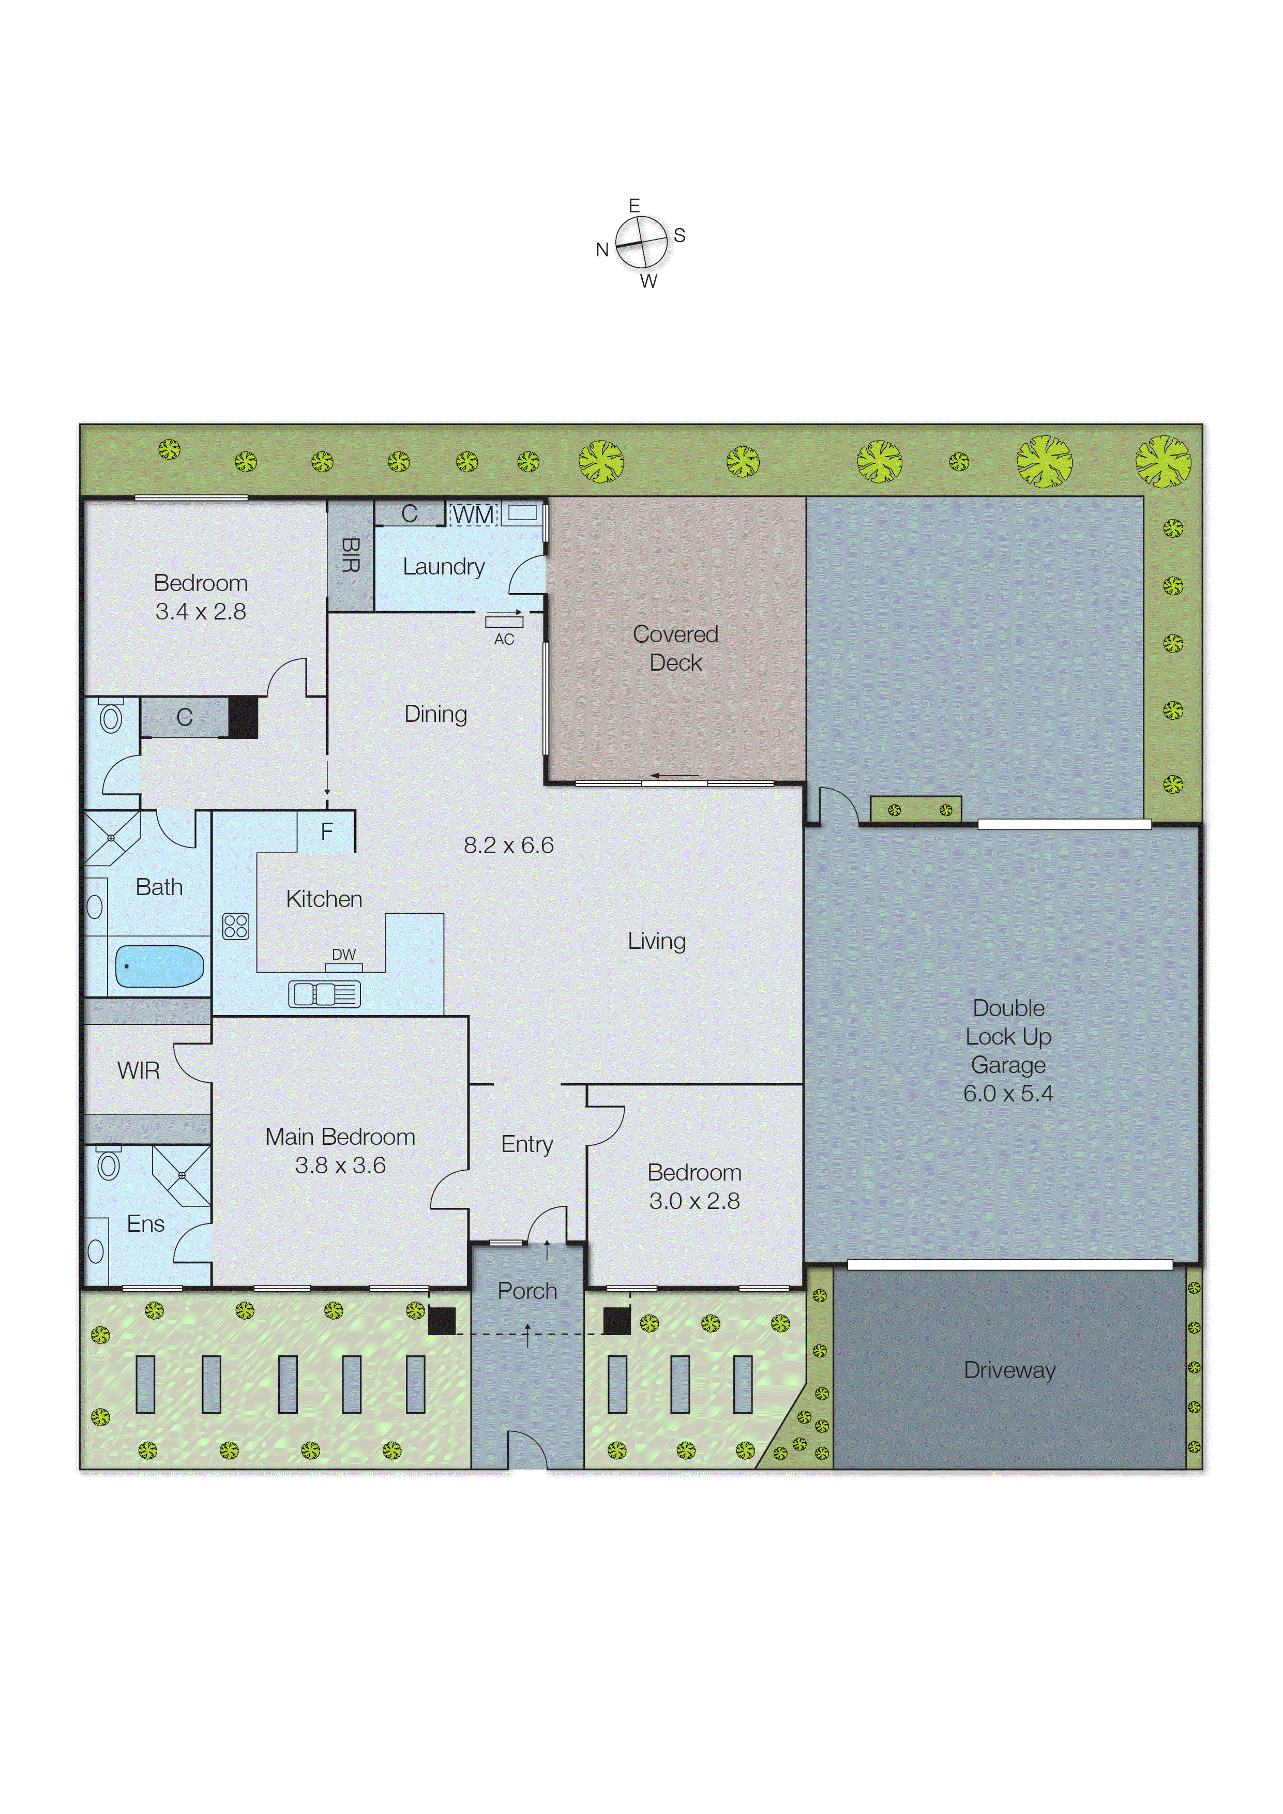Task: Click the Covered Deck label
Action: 675,648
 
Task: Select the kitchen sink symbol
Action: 324,994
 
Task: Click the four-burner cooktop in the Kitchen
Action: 235,926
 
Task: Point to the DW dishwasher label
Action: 344,955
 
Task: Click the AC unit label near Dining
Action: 504,639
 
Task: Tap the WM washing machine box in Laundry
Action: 473,515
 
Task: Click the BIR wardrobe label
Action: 350,555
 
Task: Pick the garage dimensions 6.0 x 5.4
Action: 1008,1094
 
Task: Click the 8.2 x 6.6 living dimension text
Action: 509,845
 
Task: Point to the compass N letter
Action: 602,250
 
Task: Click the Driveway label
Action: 1009,1370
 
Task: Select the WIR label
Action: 138,1070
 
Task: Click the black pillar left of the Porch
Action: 442,1321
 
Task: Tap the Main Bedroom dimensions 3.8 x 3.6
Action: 340,1166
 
